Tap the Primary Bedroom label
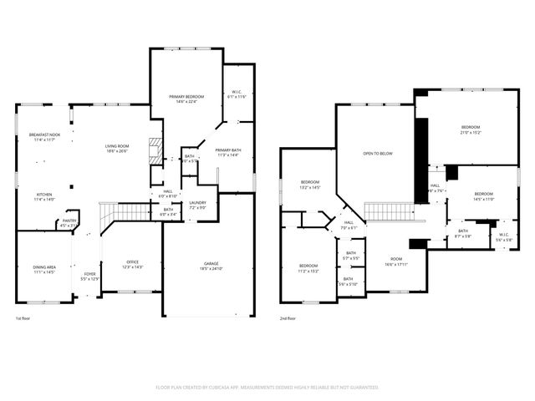pos(185,99)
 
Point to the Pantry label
pos(69,222)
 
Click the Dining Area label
pos(44,269)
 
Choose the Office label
pos(133,264)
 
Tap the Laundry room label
pos(197,204)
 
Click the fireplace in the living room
pos(154,151)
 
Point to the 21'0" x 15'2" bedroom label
pos(476,130)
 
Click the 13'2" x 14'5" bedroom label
pos(310,184)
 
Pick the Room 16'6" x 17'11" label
pos(396,262)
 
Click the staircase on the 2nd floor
pos(390,211)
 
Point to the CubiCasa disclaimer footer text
pos(267,388)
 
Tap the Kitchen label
pos(44,197)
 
